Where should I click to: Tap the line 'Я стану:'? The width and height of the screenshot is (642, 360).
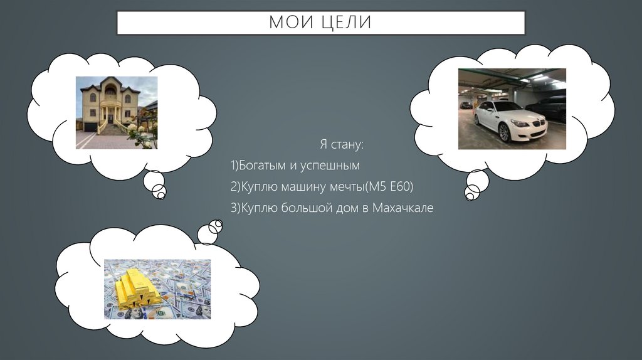(341, 145)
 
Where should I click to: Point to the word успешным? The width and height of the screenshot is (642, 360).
(334, 166)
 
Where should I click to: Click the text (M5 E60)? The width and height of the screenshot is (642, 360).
(390, 187)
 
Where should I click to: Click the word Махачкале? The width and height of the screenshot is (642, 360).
(403, 208)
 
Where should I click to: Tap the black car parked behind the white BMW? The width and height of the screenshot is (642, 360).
(549, 107)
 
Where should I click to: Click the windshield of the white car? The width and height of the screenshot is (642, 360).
(508, 107)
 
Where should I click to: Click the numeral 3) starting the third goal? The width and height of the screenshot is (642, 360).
(236, 208)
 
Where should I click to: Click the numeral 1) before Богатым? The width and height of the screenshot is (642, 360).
(236, 166)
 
